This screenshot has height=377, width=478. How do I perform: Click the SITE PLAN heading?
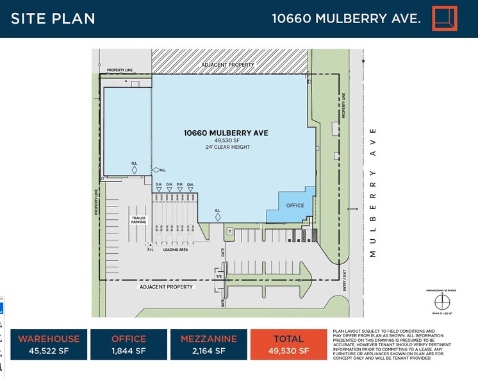(x=53, y=18)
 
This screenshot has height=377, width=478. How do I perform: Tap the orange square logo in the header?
(x=445, y=18)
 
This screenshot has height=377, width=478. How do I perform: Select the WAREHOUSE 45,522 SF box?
(x=49, y=344)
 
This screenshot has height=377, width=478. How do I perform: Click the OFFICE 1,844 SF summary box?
(x=129, y=344)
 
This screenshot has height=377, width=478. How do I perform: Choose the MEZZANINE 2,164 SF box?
(x=208, y=344)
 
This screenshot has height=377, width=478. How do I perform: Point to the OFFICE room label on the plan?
(x=295, y=205)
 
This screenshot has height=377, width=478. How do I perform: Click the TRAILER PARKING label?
(x=138, y=220)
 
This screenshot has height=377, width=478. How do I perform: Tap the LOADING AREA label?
(x=175, y=249)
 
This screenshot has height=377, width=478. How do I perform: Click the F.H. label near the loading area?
(x=150, y=249)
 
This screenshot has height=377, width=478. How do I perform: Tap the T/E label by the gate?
(x=218, y=276)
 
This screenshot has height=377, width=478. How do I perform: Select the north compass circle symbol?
(x=439, y=303)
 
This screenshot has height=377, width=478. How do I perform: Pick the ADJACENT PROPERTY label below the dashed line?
(x=167, y=287)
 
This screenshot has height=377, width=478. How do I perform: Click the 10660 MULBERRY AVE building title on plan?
(x=225, y=133)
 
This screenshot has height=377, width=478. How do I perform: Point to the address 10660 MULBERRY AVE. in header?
(x=346, y=18)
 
